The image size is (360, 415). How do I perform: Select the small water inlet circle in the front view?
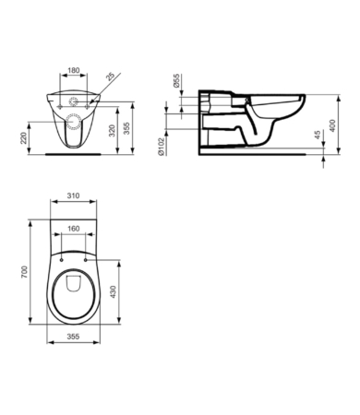[x=74, y=99]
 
